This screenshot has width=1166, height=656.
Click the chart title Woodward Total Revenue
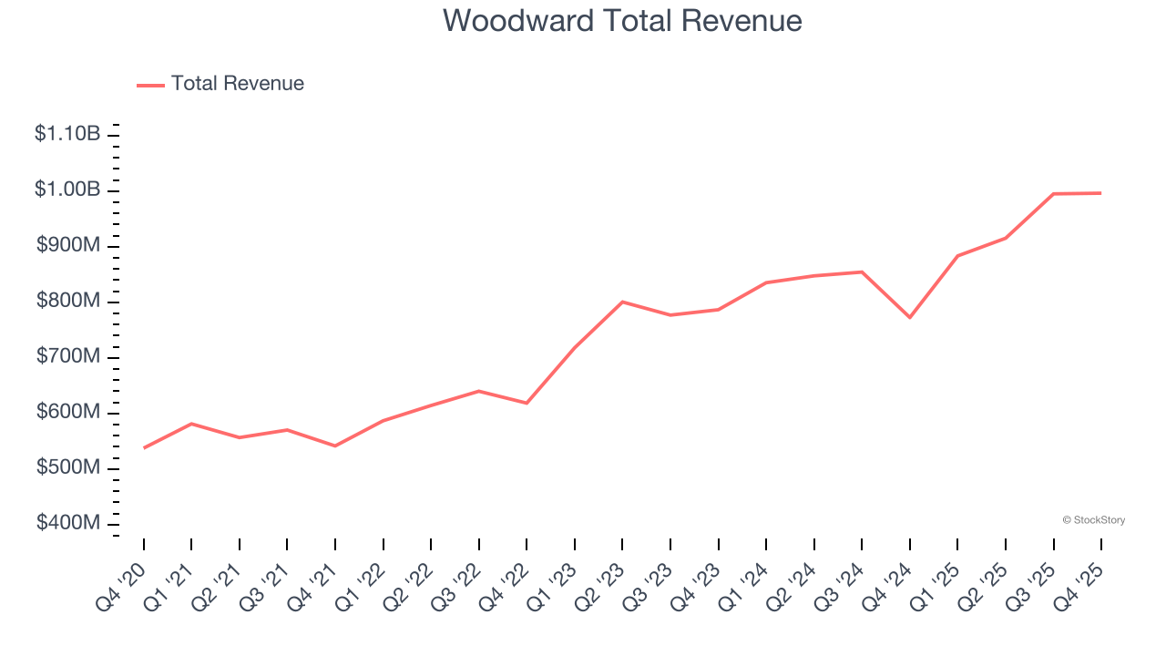(x=623, y=21)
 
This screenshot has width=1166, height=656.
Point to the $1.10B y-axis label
(x=67, y=135)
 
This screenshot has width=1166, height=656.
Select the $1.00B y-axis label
(x=67, y=190)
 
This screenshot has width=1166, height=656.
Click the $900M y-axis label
(x=68, y=246)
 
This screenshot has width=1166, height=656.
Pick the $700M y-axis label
(x=68, y=357)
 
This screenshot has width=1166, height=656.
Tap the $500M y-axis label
(x=68, y=468)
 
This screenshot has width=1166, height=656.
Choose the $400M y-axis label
(x=68, y=524)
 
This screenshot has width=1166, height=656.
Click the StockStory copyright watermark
(x=1093, y=520)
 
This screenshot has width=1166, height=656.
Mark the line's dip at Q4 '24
(x=910, y=317)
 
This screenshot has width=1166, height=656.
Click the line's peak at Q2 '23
(x=622, y=302)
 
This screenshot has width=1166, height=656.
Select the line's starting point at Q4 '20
(x=144, y=447)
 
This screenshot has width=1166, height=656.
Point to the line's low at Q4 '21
(x=335, y=446)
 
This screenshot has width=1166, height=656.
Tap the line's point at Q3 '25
(x=1053, y=194)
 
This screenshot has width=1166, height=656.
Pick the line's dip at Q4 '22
(x=527, y=403)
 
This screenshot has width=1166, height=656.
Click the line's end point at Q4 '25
(x=1100, y=193)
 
